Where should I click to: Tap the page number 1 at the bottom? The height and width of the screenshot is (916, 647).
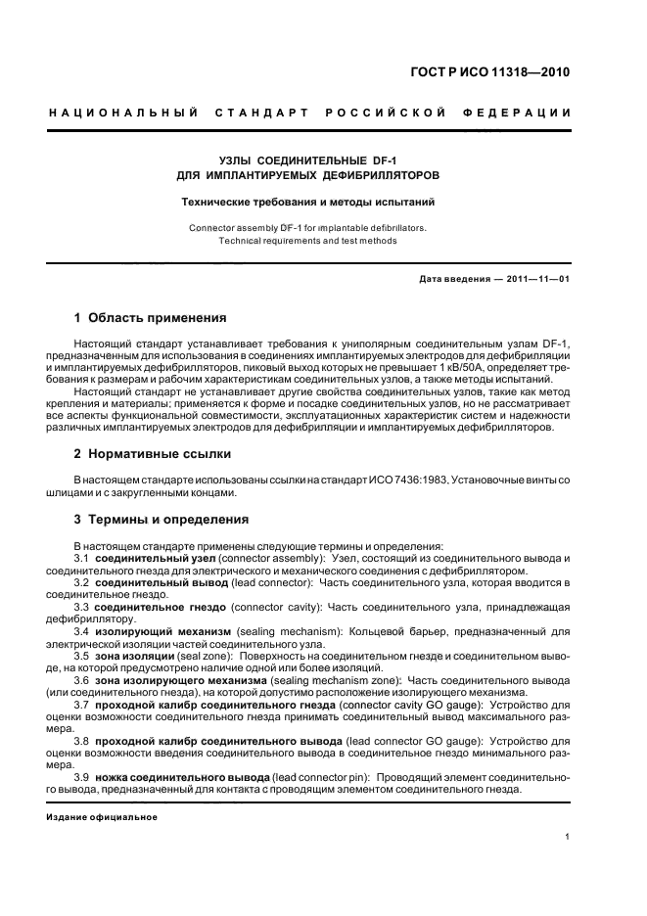pos(567,836)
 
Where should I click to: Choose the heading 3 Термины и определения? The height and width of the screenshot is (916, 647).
pos(162,519)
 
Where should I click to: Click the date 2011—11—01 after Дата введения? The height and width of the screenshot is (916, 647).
pos(537,279)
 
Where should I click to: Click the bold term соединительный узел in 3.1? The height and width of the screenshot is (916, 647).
pos(145,558)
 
